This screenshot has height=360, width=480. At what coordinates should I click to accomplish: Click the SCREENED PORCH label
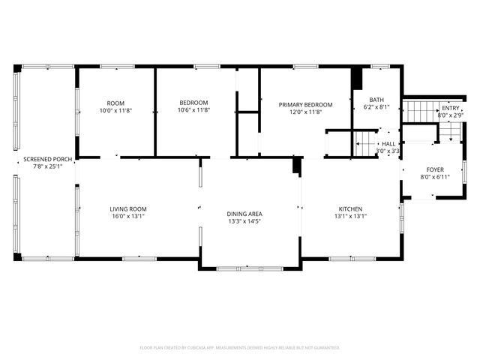click(x=47, y=159)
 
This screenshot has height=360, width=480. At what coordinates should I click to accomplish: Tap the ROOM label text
click(x=115, y=103)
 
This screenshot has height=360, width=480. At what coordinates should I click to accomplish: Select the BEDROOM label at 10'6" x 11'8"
click(x=193, y=103)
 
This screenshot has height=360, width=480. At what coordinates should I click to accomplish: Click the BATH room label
click(x=376, y=99)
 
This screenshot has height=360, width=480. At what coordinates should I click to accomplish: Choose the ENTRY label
click(x=451, y=109)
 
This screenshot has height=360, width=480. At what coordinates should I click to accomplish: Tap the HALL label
click(x=388, y=144)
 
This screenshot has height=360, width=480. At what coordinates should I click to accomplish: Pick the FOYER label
click(x=436, y=169)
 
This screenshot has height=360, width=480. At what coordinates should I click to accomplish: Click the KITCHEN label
click(x=350, y=208)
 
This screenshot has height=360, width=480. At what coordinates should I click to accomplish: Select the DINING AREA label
click(x=244, y=214)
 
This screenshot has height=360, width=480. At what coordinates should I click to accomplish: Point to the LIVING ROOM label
click(x=127, y=208)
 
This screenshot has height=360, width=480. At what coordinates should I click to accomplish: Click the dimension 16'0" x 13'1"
click(x=127, y=217)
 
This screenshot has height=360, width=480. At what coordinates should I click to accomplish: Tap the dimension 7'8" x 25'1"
click(x=47, y=166)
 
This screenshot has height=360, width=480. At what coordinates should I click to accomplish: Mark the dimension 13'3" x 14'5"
click(x=244, y=223)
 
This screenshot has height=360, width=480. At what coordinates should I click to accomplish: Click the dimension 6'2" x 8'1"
click(x=376, y=107)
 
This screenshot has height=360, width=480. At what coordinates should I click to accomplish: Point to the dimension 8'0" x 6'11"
click(x=436, y=177)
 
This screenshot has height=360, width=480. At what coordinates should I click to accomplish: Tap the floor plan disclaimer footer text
click(x=240, y=347)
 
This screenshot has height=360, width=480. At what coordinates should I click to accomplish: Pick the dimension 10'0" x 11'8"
click(x=115, y=111)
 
